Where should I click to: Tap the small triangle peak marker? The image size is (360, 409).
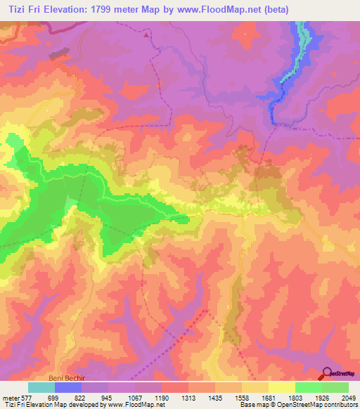[146, 34]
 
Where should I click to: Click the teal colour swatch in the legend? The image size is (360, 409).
[41, 387]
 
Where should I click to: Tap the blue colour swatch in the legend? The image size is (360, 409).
[68, 387]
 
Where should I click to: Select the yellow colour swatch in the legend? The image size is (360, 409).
[282, 387]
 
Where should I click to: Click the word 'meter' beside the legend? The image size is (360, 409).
[10, 397]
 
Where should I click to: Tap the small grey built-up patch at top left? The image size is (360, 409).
[59, 53]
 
